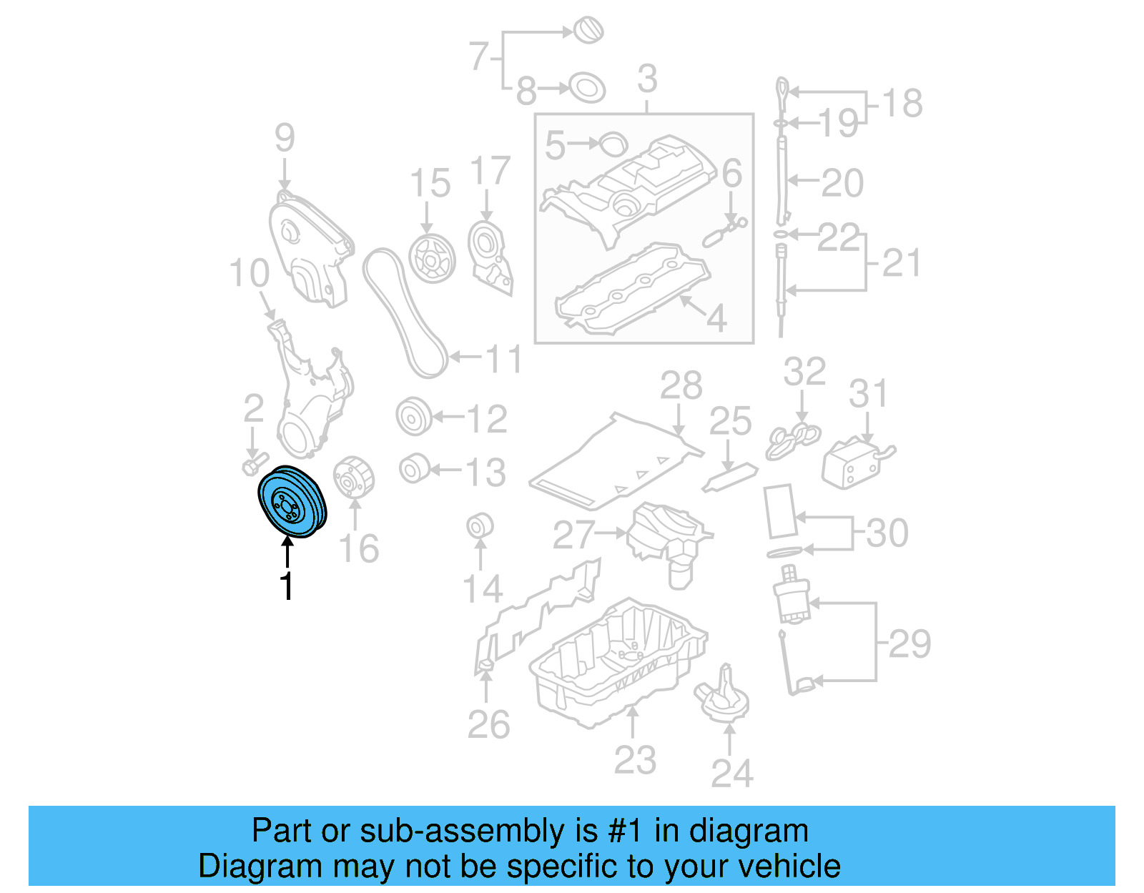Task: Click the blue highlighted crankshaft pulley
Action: [292, 502]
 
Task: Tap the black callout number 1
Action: [287, 586]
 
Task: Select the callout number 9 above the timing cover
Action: [285, 137]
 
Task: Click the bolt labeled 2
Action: [253, 465]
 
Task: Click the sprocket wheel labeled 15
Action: [432, 258]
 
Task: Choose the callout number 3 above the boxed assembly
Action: [647, 79]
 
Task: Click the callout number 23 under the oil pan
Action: [634, 759]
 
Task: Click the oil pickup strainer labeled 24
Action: [723, 698]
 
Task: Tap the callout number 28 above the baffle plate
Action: [681, 386]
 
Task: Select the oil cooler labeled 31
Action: [854, 463]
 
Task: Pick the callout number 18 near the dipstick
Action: [902, 104]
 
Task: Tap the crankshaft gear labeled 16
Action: [353, 478]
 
